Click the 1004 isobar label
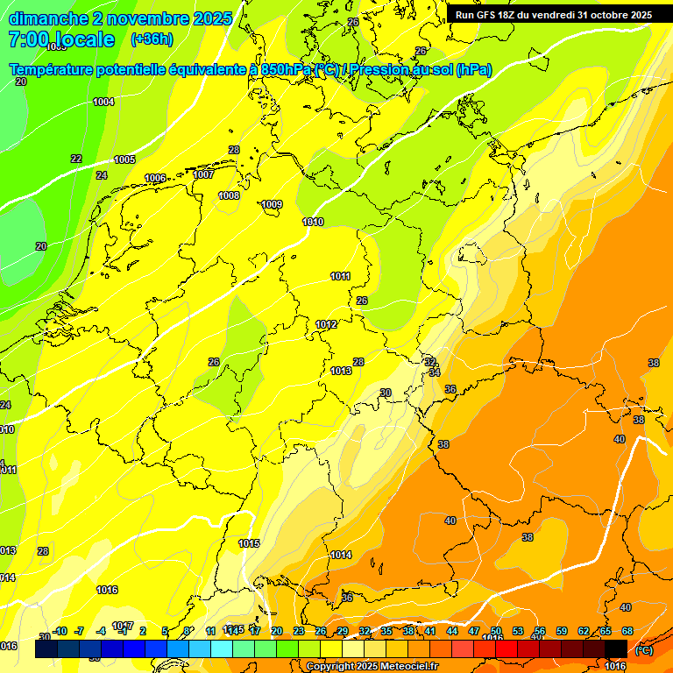tap(103, 102)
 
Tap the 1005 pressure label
tap(124, 159)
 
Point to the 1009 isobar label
tap(272, 205)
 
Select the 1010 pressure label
tap(313, 222)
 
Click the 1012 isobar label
tap(327, 324)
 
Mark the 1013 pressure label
tap(341, 371)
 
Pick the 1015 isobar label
tap(250, 543)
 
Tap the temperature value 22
tap(76, 159)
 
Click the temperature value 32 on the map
tap(430, 361)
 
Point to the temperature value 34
tap(435, 372)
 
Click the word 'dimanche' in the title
tap(48, 18)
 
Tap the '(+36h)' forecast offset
tap(152, 39)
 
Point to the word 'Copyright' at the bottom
tap(331, 667)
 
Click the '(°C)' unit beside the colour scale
tap(643, 650)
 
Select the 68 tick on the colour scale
tap(627, 631)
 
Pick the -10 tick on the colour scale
tap(60, 631)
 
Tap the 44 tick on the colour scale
tap(452, 631)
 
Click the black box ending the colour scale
tap(616, 648)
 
